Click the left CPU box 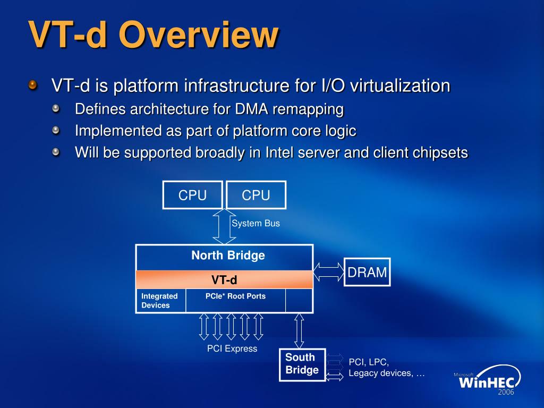coord(192,195)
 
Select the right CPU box coord(256,195)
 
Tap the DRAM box coord(367,272)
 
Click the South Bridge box coord(302,364)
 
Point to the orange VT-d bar coord(224,279)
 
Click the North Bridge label coord(228,256)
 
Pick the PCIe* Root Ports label coord(235,296)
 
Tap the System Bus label coord(256,224)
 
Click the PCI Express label coord(232,348)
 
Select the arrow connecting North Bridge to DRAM coord(329,271)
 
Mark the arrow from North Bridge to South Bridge coord(299,330)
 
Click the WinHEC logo coord(487,380)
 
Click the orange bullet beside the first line coord(33,85)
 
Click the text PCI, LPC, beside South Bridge coord(369,362)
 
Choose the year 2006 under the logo coord(506,393)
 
